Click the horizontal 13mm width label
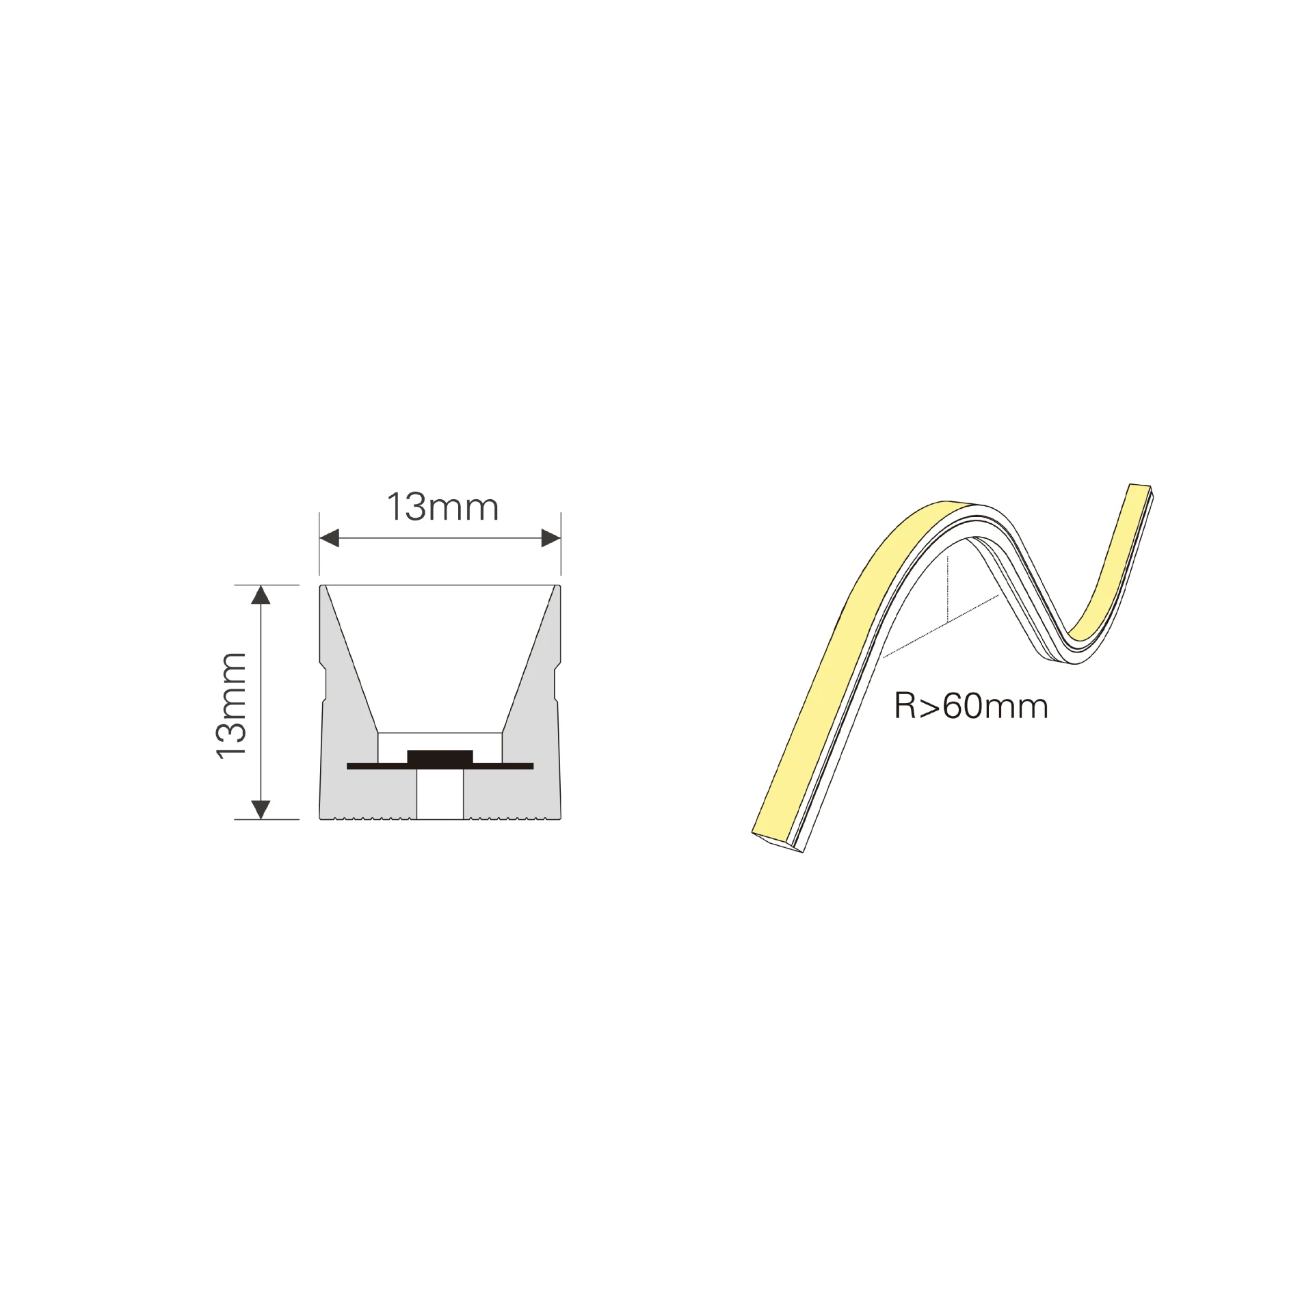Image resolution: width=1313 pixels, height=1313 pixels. [443, 507]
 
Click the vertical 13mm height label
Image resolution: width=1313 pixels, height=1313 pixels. [231, 705]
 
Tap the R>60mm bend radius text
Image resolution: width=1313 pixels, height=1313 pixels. [971, 706]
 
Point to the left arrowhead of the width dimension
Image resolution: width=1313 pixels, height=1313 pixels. [330, 538]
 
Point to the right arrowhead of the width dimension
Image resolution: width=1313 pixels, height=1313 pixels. [551, 538]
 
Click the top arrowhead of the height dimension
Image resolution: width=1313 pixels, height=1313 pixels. [261, 596]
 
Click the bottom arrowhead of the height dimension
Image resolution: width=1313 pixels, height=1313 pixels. [261, 809]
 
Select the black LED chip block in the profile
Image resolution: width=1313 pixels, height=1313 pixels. [440, 758]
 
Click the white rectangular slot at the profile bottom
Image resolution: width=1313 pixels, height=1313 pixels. [440, 794]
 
